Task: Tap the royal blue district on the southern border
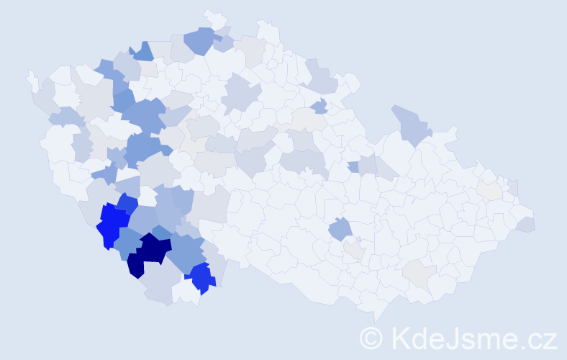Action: pos(201,278)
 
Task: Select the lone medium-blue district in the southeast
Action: pos(340,230)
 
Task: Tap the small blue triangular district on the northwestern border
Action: pos(143,51)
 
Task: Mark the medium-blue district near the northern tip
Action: pos(201,40)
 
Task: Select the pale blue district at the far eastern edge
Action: pos(525,225)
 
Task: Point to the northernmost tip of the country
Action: pos(209,12)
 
